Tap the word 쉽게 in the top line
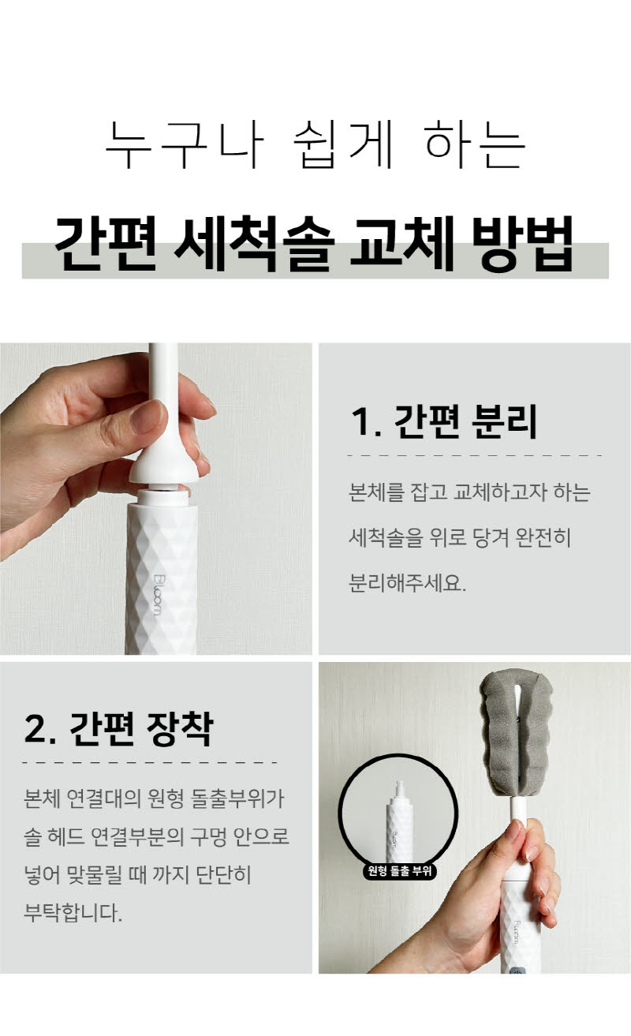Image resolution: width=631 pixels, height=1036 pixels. [x=343, y=144]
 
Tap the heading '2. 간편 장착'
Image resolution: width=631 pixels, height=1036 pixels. [x=118, y=728]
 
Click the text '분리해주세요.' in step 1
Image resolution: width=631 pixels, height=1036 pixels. [x=407, y=582]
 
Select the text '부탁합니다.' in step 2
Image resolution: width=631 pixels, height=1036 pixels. [x=73, y=913]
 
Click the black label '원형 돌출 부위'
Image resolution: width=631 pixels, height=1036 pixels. [x=399, y=871]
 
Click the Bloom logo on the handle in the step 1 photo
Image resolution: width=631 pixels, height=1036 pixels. [x=158, y=595]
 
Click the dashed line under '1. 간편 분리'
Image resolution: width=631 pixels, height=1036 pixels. [x=475, y=455]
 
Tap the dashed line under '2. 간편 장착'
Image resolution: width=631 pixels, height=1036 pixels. [x=150, y=762]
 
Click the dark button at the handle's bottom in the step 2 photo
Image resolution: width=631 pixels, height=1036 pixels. [x=517, y=971]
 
